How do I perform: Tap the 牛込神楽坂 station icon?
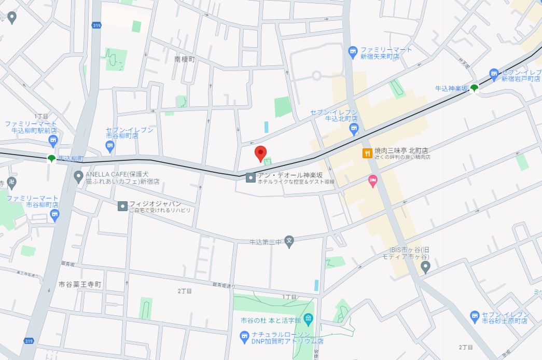pos(474,88)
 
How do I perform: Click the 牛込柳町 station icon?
pos(51,159)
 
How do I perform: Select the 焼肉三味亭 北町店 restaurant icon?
pos(367,153)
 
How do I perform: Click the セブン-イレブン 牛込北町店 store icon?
pos(354,129)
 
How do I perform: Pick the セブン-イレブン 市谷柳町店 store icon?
pos(110,147)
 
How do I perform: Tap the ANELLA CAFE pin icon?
pos(79,177)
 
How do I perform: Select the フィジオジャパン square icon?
pos(122,206)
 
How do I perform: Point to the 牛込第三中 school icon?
pos(289,241)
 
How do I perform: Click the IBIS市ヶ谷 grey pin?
pos(425,267)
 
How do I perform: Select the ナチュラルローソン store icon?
pos(245,337)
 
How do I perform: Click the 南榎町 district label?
pos(184,60)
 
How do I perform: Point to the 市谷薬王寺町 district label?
pos(79,285)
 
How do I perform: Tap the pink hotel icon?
pos(372,181)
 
